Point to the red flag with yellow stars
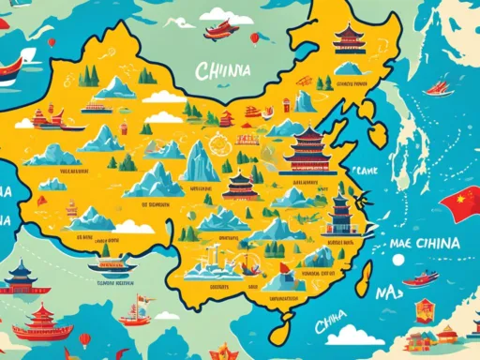[463, 202]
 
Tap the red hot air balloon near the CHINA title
[254, 38]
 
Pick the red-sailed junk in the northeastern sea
[438, 87]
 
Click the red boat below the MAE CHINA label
[422, 278]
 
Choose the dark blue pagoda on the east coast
[339, 214]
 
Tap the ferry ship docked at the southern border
[110, 265]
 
